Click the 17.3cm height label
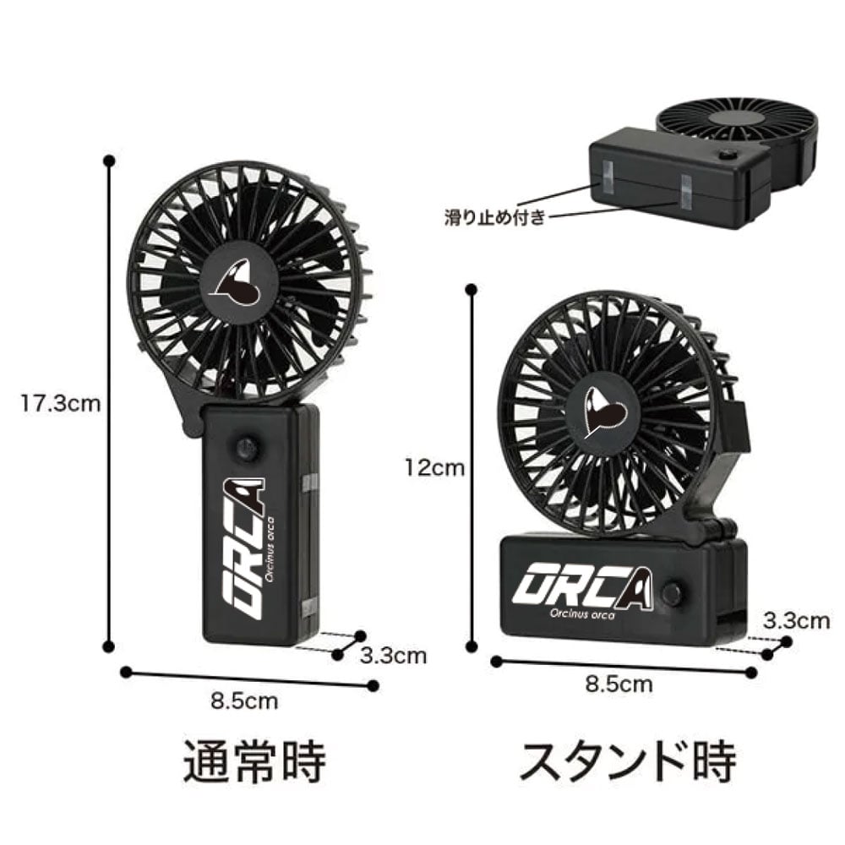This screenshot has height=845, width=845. (60, 403)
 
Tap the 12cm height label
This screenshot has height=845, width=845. (435, 468)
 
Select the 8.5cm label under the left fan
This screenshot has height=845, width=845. (244, 701)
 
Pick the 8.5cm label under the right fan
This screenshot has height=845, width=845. (619, 684)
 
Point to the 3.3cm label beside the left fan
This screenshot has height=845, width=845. (394, 656)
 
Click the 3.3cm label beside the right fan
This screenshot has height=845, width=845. (796, 621)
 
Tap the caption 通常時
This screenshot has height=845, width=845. (254, 762)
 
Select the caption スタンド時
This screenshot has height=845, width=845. (627, 761)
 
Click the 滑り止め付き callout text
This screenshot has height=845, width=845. (494, 217)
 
